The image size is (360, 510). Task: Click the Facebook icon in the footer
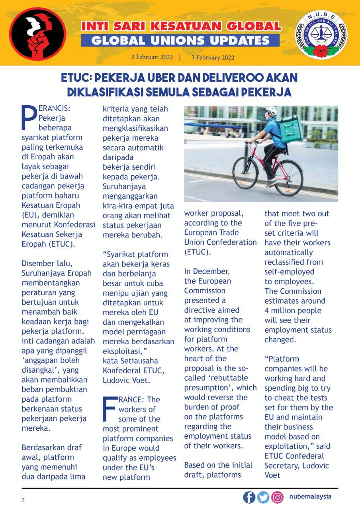tap(249, 497)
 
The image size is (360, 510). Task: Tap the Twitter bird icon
tap(263, 497)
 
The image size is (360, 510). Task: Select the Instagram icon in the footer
tap(277, 497)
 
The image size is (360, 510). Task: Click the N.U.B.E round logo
tap(321, 35)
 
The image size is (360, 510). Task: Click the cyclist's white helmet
tap(271, 111)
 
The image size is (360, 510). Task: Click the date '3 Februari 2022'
tap(152, 57)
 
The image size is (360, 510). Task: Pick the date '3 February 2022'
tap(213, 57)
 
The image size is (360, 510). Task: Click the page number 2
tap(23, 500)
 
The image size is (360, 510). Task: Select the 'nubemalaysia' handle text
tap(311, 497)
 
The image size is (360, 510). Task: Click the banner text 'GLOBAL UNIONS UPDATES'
tap(180, 40)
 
